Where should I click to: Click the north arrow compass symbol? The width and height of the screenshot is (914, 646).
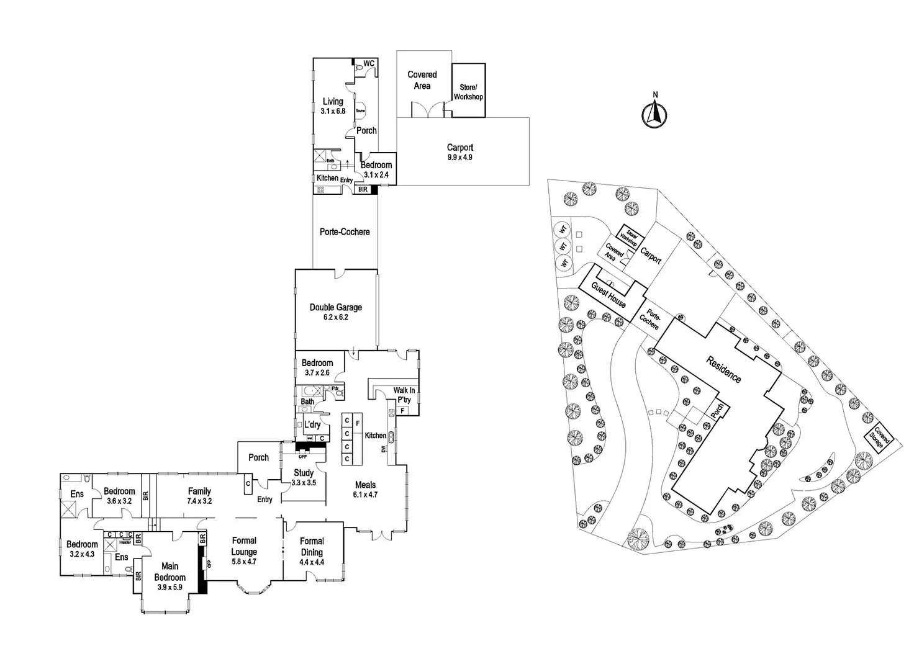pyautogui.click(x=654, y=114)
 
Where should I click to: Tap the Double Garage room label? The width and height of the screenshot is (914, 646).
pyautogui.click(x=336, y=307)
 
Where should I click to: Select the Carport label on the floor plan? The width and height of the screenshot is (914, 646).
pyautogui.click(x=460, y=148)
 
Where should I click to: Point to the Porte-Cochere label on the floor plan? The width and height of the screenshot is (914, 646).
pyautogui.click(x=345, y=232)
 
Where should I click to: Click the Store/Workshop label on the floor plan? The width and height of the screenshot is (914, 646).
pyautogui.click(x=468, y=92)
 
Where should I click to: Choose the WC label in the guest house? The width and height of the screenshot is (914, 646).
pyautogui.click(x=368, y=64)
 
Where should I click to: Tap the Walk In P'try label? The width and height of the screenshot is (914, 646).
pyautogui.click(x=404, y=395)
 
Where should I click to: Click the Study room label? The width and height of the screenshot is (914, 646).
pyautogui.click(x=304, y=473)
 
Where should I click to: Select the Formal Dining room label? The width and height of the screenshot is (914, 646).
pyautogui.click(x=312, y=547)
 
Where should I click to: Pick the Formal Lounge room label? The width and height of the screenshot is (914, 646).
pyautogui.click(x=244, y=546)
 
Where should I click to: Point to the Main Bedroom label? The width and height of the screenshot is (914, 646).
pyautogui.click(x=170, y=572)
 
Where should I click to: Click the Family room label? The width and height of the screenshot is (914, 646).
pyautogui.click(x=199, y=491)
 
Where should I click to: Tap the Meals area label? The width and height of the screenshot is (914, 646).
pyautogui.click(x=365, y=485)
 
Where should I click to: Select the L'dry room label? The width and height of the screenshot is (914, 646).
pyautogui.click(x=312, y=424)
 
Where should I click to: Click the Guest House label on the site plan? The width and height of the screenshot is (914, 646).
pyautogui.click(x=609, y=295)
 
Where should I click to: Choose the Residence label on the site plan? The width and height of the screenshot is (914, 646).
pyautogui.click(x=723, y=369)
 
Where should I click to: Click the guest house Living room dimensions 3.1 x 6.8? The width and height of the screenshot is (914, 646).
pyautogui.click(x=333, y=111)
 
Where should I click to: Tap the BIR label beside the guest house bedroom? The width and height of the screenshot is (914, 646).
pyautogui.click(x=363, y=189)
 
